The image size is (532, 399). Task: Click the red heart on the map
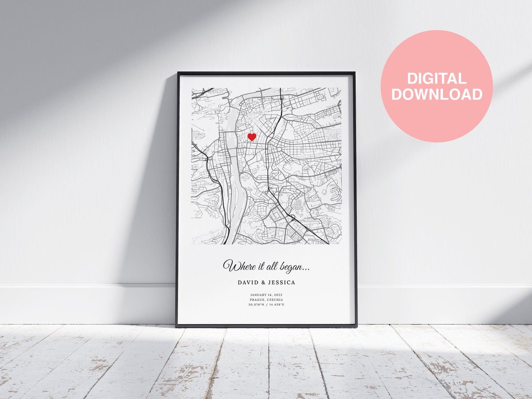[252, 137]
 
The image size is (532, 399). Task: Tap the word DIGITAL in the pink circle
[437, 79]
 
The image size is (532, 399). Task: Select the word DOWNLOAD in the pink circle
[437, 94]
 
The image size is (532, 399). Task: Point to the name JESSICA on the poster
[282, 282]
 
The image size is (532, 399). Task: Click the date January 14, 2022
[266, 295]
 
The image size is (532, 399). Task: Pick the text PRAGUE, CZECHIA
[266, 300]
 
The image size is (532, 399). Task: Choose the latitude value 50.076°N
[256, 305]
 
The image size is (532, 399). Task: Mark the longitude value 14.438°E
[276, 305]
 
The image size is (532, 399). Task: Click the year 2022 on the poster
[278, 295]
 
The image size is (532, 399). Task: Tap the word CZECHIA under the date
[274, 300]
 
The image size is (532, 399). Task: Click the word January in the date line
[259, 295]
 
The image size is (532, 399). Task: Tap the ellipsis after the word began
[306, 269]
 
